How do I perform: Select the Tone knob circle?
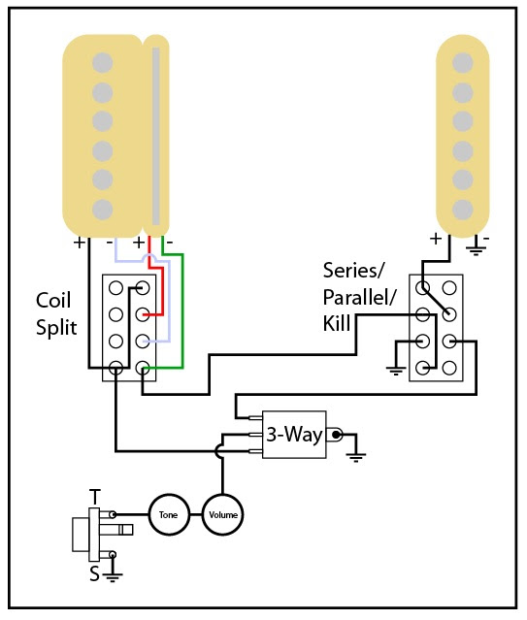pyautogui.click(x=167, y=513)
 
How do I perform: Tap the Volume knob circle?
pyautogui.click(x=222, y=513)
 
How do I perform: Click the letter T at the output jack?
pyautogui.click(x=94, y=497)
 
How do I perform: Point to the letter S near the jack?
pyautogui.click(x=94, y=573)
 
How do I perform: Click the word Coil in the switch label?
pyautogui.click(x=53, y=300)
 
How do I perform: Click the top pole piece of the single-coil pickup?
pyautogui.click(x=462, y=62)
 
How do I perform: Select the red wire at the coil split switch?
pyautogui.click(x=160, y=291)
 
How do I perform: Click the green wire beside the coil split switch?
pyautogui.click(x=181, y=310)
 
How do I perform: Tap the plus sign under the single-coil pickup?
pyautogui.click(x=436, y=239)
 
